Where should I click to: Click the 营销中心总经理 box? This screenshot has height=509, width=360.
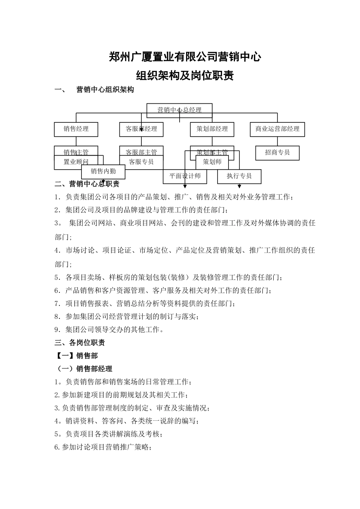click(x=179, y=110)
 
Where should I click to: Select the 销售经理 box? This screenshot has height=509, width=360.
click(x=76, y=129)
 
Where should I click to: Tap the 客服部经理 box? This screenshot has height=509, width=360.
click(x=141, y=129)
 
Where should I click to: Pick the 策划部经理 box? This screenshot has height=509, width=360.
click(x=212, y=129)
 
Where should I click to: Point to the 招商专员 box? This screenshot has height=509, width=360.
click(x=277, y=153)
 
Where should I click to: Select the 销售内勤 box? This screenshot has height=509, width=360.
click(x=103, y=172)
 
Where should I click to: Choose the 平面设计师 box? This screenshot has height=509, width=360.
click(x=185, y=176)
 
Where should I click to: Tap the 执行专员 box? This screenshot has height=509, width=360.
click(x=239, y=176)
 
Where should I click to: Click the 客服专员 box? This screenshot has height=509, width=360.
click(x=141, y=162)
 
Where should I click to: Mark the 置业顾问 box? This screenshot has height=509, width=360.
click(x=76, y=162)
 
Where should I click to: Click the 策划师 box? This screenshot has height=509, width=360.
click(x=212, y=162)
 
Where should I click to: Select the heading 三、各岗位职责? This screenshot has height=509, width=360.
click(x=80, y=343)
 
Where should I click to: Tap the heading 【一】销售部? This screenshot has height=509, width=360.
click(x=77, y=356)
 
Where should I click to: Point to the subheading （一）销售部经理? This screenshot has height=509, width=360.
click(x=84, y=368)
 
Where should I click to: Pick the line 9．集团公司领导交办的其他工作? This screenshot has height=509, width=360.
click(x=109, y=329)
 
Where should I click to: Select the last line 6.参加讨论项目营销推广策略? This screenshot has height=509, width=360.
click(x=103, y=447)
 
